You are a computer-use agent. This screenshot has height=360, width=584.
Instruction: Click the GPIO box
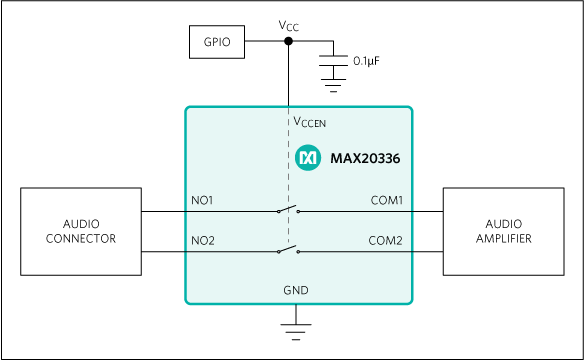[217, 41]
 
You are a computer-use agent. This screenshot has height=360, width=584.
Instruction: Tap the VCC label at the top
[289, 24]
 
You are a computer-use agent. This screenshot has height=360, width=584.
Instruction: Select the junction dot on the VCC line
[289, 41]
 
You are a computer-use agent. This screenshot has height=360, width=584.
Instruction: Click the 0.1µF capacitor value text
[366, 61]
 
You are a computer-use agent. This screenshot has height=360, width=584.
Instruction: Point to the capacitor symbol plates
[330, 63]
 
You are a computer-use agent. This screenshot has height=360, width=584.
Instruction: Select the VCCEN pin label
[309, 122]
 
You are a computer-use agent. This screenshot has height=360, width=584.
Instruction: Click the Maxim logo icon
[308, 157]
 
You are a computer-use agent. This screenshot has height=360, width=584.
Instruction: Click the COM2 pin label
[385, 240]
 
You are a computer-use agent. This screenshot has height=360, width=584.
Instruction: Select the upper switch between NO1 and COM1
[288, 209]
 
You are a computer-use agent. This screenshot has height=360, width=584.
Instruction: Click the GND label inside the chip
[297, 290]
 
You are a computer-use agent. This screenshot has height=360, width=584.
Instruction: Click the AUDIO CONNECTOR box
[80, 231]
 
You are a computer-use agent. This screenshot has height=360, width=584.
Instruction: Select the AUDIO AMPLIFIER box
[506, 231]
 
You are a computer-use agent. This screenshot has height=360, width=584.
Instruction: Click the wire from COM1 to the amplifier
[425, 212]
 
